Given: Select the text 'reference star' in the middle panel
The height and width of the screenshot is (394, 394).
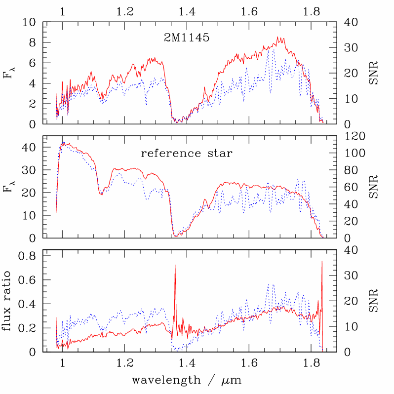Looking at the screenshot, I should coord(187,153).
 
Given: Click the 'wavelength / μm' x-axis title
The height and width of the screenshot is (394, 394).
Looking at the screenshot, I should coord(187,381).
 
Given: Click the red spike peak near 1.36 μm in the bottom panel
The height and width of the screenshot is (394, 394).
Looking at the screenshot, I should coord(175,265).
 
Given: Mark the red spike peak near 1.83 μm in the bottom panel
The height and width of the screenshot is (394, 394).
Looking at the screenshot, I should coord(322,261).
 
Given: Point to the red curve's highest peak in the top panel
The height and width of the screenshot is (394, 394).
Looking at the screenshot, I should coord(278,37).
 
